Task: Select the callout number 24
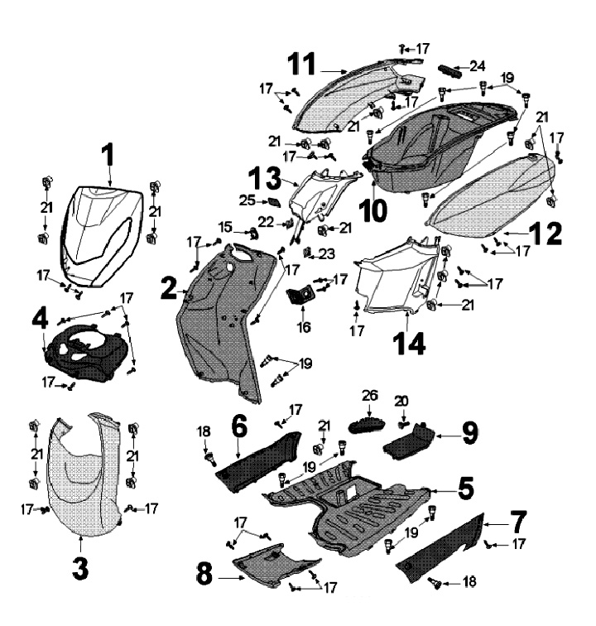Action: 478,66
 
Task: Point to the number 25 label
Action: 248,200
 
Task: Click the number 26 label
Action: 370,395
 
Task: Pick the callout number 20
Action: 402,401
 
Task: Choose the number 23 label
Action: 327,253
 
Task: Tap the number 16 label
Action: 304,327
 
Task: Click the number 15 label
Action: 225,227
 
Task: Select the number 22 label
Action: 267,222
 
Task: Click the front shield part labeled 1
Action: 101,236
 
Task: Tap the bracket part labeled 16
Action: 300,296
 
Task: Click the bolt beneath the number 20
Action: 402,425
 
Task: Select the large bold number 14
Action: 409,344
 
